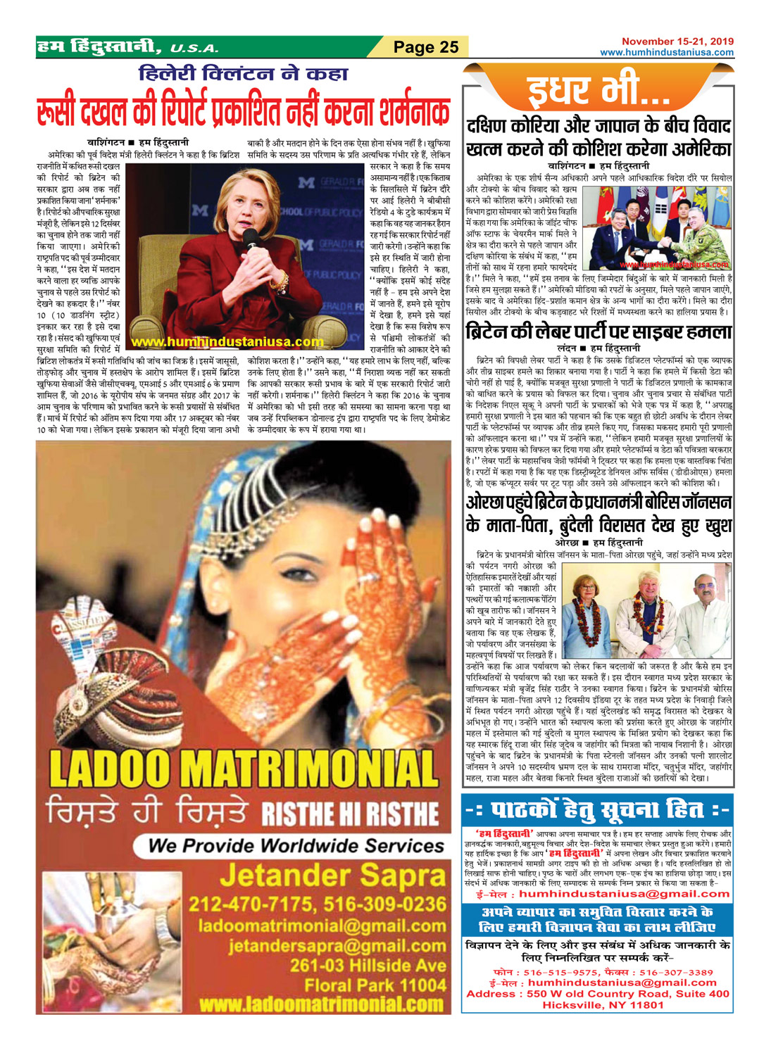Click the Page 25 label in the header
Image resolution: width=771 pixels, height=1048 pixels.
coord(426,47)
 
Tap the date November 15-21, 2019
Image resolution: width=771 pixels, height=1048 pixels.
coord(677,42)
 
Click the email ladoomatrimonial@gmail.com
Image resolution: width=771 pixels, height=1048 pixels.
coord(322,926)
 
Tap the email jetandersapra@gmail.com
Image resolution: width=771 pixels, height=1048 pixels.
coord(337,946)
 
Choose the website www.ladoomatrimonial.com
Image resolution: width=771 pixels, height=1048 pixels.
coord(321,1004)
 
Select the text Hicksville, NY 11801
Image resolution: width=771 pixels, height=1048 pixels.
coord(603,1005)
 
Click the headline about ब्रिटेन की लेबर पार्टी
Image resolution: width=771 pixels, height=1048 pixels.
coord(598,332)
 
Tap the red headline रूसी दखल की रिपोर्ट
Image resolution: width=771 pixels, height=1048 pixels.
coord(243,112)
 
